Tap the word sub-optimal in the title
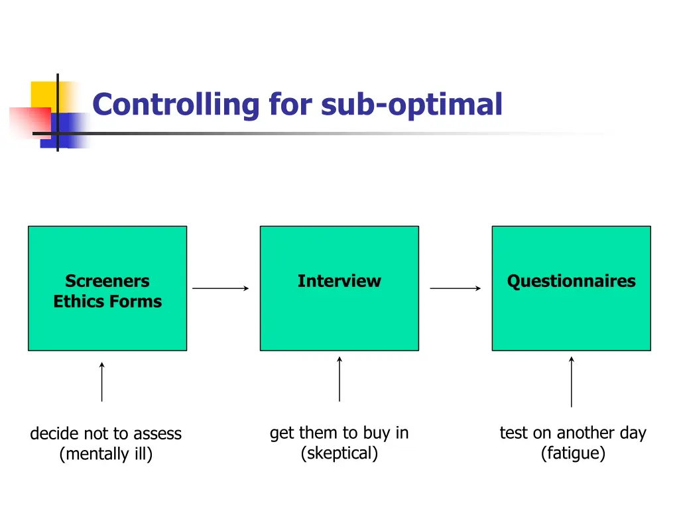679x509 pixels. (412, 105)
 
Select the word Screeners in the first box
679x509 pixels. (107, 281)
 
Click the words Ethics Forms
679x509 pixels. (107, 302)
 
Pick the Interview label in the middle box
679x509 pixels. (339, 281)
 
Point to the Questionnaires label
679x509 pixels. (571, 281)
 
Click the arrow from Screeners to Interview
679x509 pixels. (221, 288)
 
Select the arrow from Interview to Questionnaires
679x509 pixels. (456, 288)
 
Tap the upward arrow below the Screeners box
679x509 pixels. (101, 382)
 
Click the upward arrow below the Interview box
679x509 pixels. (339, 378)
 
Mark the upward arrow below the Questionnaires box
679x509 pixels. (571, 382)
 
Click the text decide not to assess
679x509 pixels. (106, 433)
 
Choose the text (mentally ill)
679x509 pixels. (106, 455)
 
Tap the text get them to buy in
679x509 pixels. (339, 433)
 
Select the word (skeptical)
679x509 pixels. (339, 454)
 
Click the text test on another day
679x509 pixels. (572, 433)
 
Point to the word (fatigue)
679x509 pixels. (572, 454)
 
